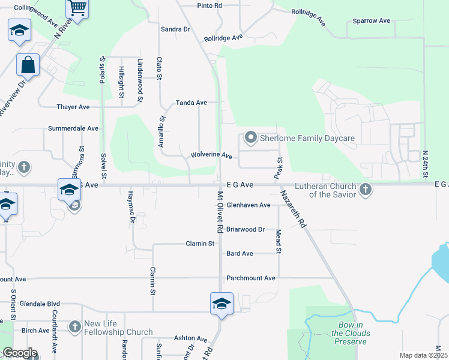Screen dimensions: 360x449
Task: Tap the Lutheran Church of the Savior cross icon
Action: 366,190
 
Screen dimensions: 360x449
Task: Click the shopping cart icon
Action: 77,8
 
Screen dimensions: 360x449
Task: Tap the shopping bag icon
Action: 28,64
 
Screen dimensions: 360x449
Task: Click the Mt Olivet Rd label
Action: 220,212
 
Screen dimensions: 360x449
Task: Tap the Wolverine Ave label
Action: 211,155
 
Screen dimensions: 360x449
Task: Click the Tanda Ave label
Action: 191,103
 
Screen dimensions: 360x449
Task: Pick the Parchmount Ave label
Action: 250,278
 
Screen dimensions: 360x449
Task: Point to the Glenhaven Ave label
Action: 249,205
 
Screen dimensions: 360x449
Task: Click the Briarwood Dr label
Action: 246,229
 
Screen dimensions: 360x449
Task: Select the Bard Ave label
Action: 240,254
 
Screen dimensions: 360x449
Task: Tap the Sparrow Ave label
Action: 372,21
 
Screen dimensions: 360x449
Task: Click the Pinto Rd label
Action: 209,5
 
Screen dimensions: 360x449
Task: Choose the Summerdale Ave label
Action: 73,128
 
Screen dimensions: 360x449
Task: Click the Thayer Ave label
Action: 73,107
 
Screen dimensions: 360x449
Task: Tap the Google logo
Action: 20,353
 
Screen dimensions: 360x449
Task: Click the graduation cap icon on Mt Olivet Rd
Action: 221,304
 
